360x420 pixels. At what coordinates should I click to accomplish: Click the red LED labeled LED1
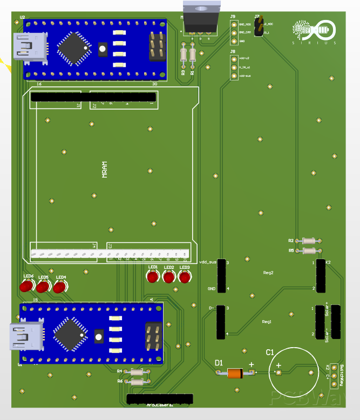pyautogui.click(x=153, y=277)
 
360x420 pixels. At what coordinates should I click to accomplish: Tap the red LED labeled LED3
pyautogui.click(x=185, y=277)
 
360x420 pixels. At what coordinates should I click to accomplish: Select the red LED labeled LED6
pyautogui.click(x=25, y=287)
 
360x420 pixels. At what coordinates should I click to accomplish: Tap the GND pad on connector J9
pyautogui.click(x=234, y=41)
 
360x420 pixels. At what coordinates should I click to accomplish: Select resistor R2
pyautogui.click(x=310, y=241)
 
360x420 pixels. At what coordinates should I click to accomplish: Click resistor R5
pyautogui.click(x=310, y=250)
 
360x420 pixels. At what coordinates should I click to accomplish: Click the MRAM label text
pyautogui.click(x=105, y=170)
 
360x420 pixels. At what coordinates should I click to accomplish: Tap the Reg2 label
pyautogui.click(x=268, y=273)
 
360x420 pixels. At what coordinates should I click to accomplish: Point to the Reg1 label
pyautogui.click(x=267, y=322)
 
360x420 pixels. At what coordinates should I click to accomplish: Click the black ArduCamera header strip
pyautogui.click(x=160, y=399)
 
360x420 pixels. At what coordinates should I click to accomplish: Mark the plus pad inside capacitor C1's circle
pyautogui.click(x=279, y=373)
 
